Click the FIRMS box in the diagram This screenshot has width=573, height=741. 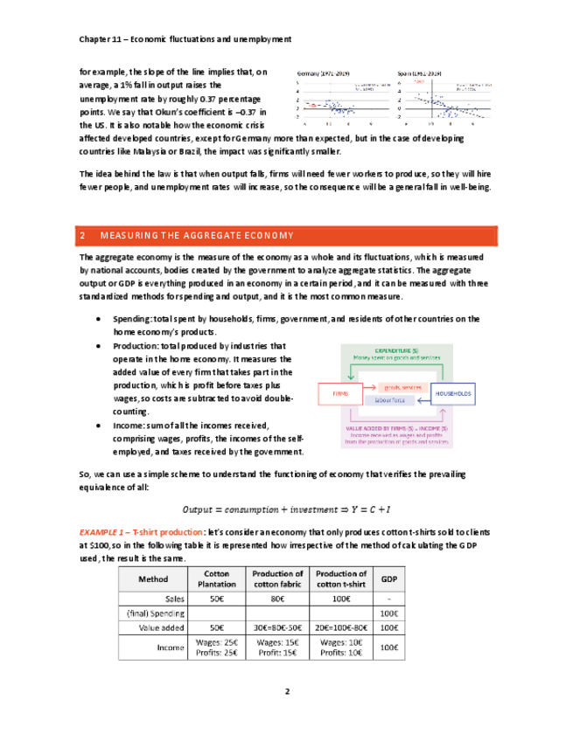point(340,394)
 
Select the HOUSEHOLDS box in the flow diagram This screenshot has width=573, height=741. point(452,394)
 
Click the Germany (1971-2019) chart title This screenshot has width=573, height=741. point(325,73)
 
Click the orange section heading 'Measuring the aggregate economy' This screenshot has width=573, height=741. point(197,236)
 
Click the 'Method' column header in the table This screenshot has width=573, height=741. point(154,578)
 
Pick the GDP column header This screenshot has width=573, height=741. point(387,578)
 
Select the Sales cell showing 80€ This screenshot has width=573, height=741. point(276,599)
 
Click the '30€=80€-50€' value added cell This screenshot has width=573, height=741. point(276,627)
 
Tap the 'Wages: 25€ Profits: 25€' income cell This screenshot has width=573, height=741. point(218,648)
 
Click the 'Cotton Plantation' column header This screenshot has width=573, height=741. point(218,578)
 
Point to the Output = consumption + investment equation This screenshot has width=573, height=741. point(285,509)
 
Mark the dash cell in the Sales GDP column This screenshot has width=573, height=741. point(387,599)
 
